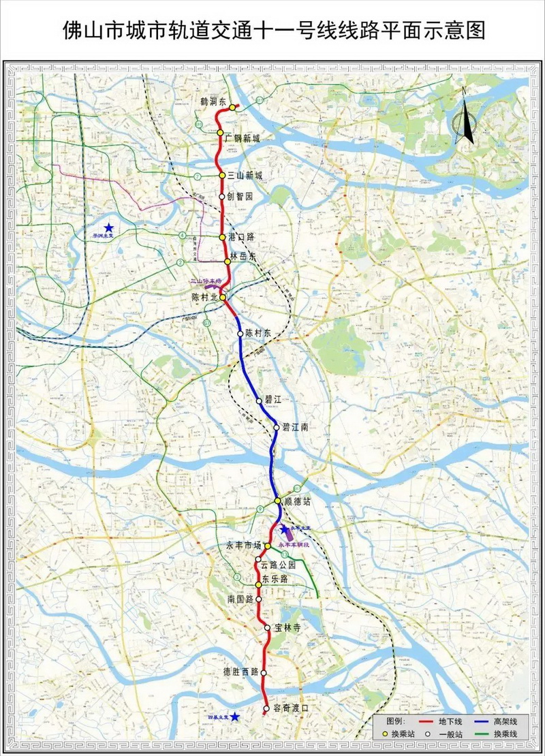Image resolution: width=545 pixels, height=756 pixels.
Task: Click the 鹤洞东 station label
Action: [x=213, y=101]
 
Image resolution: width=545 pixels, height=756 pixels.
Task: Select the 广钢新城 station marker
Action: [x=221, y=133]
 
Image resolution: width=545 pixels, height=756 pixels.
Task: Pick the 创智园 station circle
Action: [x=222, y=196]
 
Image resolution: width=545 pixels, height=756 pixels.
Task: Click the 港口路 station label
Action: [x=241, y=237]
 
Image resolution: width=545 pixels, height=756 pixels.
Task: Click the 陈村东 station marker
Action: [x=240, y=333]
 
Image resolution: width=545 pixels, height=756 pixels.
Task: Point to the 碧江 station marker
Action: [x=259, y=400]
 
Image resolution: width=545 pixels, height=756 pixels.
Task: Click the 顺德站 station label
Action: [x=297, y=501]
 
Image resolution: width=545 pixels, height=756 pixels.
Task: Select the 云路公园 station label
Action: [x=279, y=565]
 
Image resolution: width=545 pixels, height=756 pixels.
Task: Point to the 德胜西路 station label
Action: [x=241, y=672]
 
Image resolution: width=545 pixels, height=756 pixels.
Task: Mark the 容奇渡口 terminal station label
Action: [x=290, y=708]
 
